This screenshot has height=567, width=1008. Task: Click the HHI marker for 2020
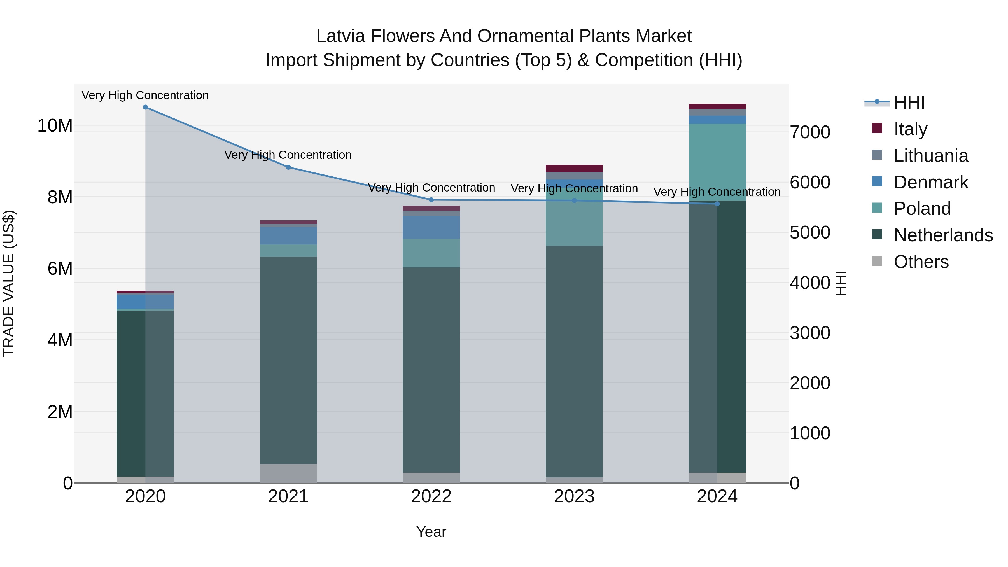pyautogui.click(x=145, y=107)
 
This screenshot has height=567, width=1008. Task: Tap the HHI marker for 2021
pyautogui.click(x=288, y=167)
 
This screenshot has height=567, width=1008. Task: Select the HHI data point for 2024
pyautogui.click(x=717, y=204)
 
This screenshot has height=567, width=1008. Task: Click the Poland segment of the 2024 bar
pyautogui.click(x=717, y=162)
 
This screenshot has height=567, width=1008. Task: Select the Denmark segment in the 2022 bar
pyautogui.click(x=431, y=227)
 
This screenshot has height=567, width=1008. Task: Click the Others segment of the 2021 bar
pyautogui.click(x=288, y=473)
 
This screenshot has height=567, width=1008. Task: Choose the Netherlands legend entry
pyautogui.click(x=943, y=235)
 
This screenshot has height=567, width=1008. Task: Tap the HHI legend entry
pyautogui.click(x=909, y=102)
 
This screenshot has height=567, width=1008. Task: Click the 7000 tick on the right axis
pyautogui.click(x=809, y=132)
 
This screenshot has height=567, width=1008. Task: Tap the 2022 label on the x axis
pyautogui.click(x=431, y=496)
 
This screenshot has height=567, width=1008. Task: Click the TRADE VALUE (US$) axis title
pyautogui.click(x=9, y=283)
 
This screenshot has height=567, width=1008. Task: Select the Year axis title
pyautogui.click(x=431, y=532)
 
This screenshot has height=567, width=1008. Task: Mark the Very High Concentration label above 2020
pyautogui.click(x=145, y=95)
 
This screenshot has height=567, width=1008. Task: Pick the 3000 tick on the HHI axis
pyautogui.click(x=809, y=333)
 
